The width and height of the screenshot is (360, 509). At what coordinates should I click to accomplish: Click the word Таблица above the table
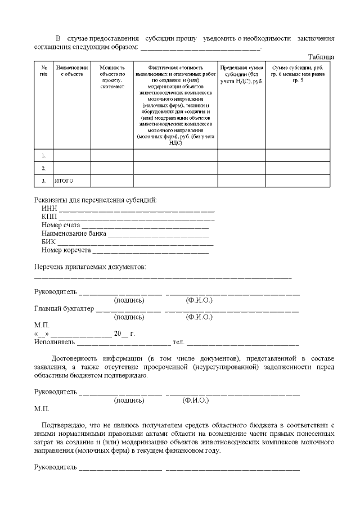click(x=321, y=57)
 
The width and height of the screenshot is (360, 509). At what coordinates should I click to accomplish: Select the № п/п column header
click(x=43, y=70)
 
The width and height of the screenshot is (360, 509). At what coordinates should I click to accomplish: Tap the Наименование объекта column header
click(x=71, y=70)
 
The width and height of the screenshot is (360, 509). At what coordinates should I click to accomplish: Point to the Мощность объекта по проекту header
click(x=112, y=74)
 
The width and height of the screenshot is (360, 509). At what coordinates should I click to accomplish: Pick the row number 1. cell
click(x=43, y=155)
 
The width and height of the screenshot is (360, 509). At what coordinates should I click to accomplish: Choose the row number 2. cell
click(x=43, y=168)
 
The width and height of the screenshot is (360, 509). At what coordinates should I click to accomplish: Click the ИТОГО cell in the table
click(x=64, y=181)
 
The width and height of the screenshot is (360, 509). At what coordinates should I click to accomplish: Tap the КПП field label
click(x=49, y=217)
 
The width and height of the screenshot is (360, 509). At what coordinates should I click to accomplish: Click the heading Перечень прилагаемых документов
click(x=90, y=266)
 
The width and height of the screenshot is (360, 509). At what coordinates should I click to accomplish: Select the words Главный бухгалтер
click(x=64, y=309)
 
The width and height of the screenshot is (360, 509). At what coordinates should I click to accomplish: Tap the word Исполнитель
click(x=54, y=341)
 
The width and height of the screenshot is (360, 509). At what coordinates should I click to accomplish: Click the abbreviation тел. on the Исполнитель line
click(x=178, y=341)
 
